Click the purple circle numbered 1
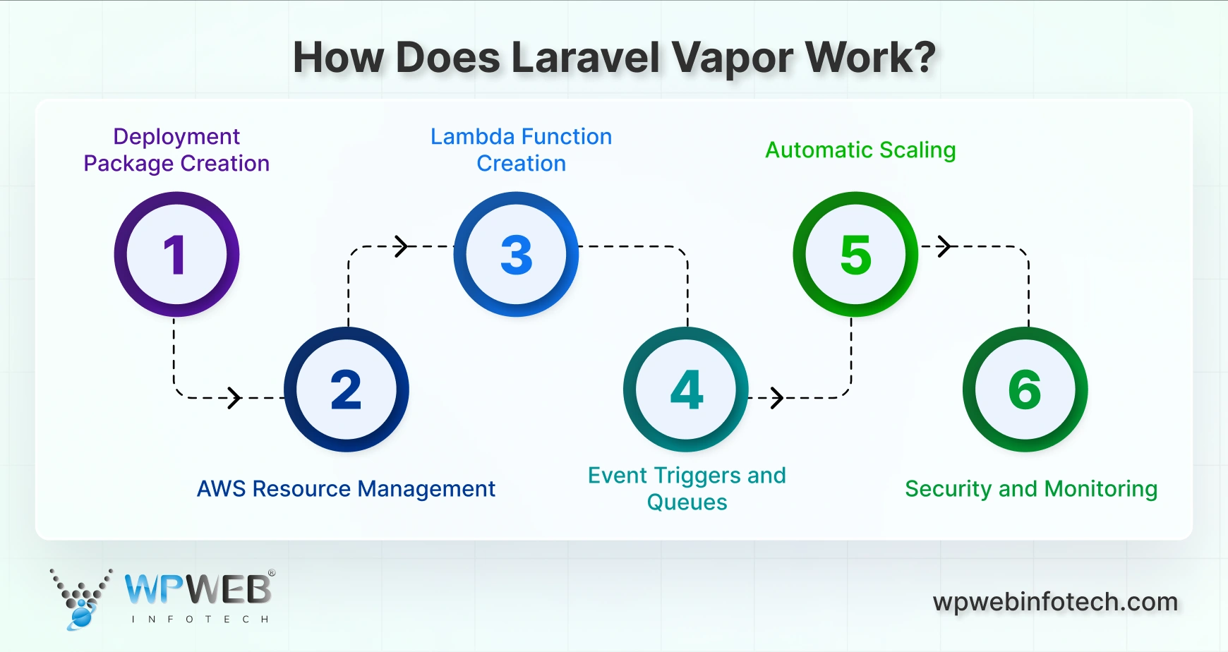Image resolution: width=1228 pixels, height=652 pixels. tap(176, 254)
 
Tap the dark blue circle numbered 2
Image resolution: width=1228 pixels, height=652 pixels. tap(346, 390)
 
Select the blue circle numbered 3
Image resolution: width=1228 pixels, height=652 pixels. tap(516, 254)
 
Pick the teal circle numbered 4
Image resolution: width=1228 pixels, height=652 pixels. tap(686, 390)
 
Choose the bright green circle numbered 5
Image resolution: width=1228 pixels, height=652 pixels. tap(855, 254)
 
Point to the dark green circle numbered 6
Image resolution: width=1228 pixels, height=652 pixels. tap(1025, 390)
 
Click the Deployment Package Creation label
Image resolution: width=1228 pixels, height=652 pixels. tap(176, 150)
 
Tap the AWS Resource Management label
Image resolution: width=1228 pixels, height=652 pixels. tap(346, 488)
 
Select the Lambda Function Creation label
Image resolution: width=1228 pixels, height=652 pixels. tap(521, 150)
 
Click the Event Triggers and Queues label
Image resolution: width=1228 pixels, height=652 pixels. tap(687, 488)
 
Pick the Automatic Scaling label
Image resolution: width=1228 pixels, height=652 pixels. tap(860, 150)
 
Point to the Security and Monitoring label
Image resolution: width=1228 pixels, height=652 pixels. tap(1031, 488)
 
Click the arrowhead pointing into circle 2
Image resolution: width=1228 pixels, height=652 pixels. tap(234, 398)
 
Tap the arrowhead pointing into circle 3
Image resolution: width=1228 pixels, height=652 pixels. tap(402, 246)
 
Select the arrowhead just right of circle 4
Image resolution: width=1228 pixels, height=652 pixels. tap(776, 398)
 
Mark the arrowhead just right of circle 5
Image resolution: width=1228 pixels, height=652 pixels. tap(945, 246)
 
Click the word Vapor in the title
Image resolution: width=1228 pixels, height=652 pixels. tap(733, 58)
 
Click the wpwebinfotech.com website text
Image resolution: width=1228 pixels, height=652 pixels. tap(1055, 602)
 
